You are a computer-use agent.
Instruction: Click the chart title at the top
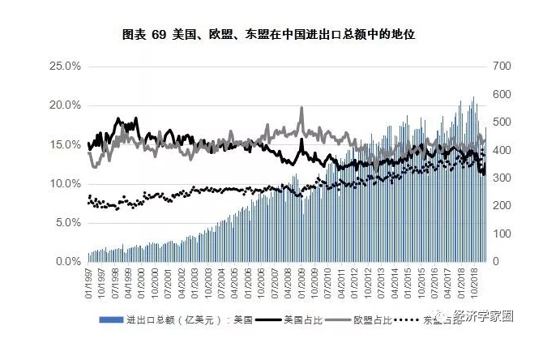pos(280,35)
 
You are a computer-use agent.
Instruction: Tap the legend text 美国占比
pos(301,320)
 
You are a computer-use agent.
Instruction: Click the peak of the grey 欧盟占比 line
pos(301,108)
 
